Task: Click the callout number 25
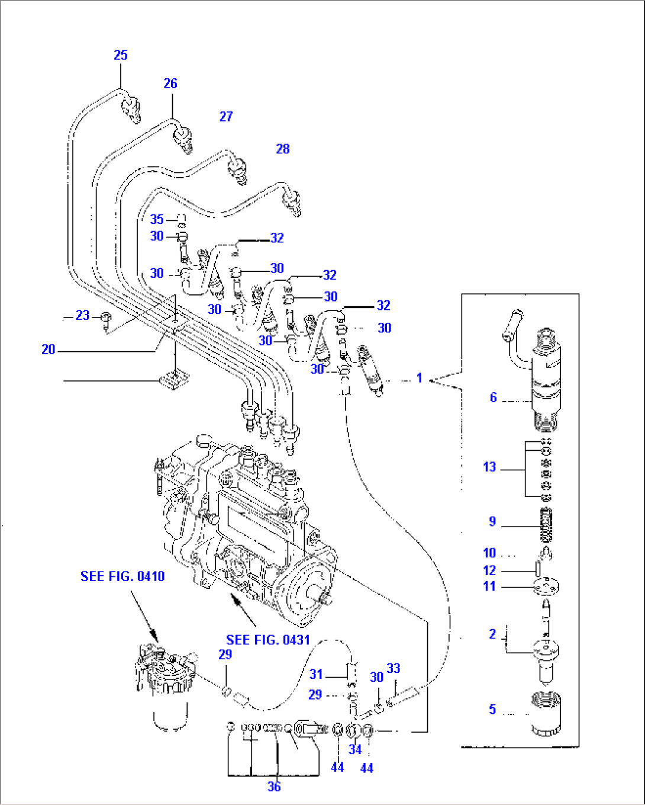coord(120,55)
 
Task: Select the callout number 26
coord(170,84)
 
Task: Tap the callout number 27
coord(226,117)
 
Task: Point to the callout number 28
coord(283,149)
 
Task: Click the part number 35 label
coord(157,219)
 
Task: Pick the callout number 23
coord(83,316)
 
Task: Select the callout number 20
coord(49,350)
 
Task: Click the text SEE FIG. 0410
coord(122,576)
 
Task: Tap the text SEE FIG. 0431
coord(268,640)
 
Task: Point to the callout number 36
coord(274,787)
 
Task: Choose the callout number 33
coord(394,668)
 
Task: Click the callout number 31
coord(316,674)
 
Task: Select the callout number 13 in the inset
coord(489,467)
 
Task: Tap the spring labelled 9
coord(547,525)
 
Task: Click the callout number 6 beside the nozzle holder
coord(493,397)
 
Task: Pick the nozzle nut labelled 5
coord(546,714)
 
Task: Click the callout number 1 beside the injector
coord(420,378)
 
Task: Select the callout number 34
coord(355,749)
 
